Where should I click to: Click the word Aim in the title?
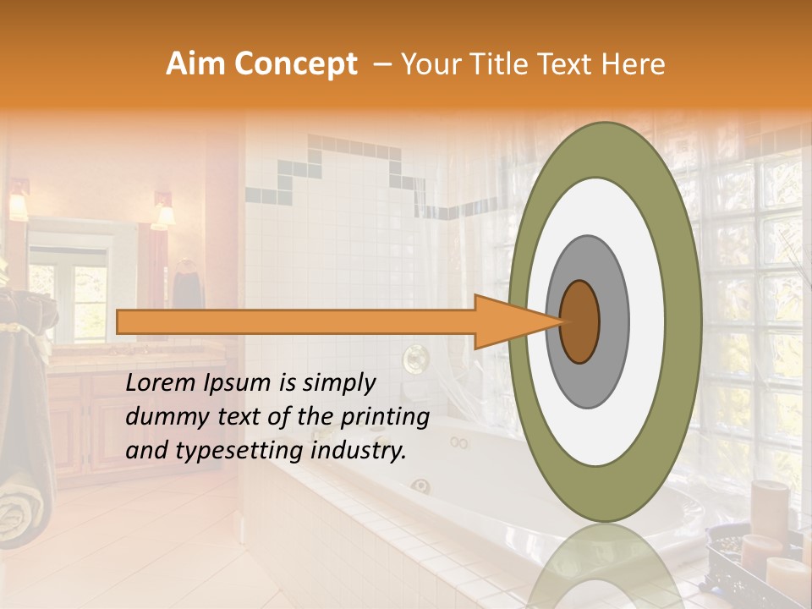pyautogui.click(x=195, y=64)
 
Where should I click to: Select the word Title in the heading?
pyautogui.click(x=513, y=64)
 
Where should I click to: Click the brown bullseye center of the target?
pyautogui.click(x=579, y=321)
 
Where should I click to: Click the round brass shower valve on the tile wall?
pyautogui.click(x=414, y=359)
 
